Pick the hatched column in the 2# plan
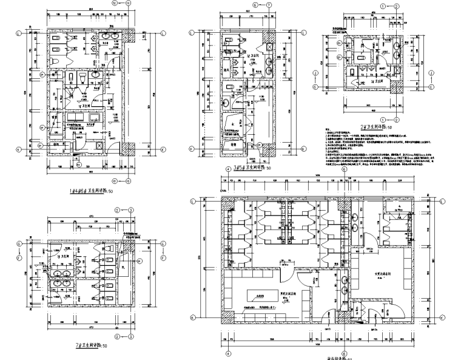pyautogui.click(x=397, y=83)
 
